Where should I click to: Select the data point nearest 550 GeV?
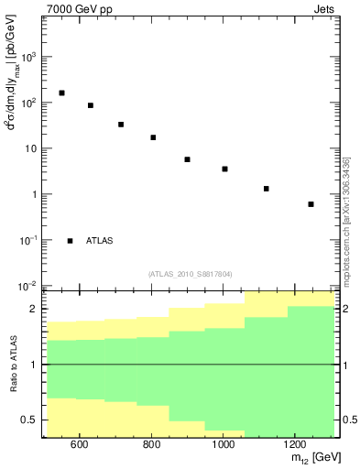tap(61, 93)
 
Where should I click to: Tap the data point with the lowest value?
tap(311, 204)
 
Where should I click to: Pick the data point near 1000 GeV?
tap(224, 169)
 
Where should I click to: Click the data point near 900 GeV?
tap(187, 159)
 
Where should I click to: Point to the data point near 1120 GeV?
tap(266, 189)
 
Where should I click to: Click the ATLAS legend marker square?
tap(71, 240)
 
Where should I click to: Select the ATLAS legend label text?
tap(100, 240)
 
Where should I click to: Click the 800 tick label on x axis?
tap(151, 444)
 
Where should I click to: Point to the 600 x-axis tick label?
tap(79, 444)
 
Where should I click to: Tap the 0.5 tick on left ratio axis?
tap(30, 420)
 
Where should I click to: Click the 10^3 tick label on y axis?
tap(28, 56)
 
